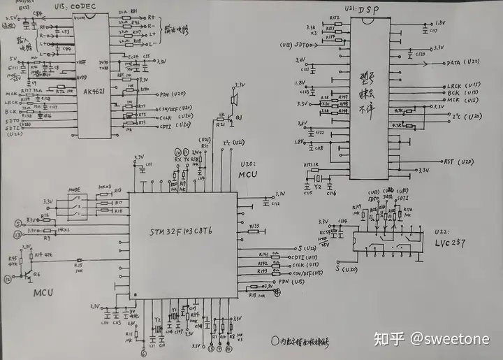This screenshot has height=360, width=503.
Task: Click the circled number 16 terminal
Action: pos(8,279)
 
